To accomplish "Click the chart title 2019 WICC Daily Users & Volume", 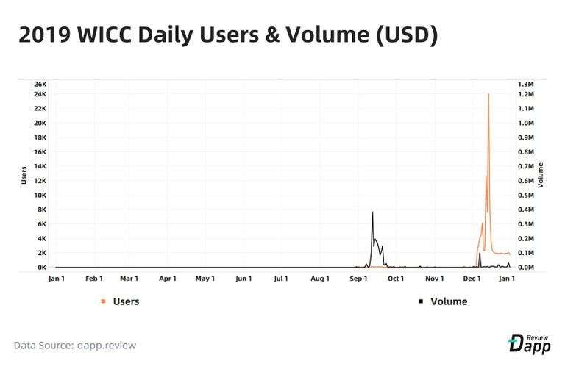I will [228, 35].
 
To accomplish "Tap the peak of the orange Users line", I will [488, 94].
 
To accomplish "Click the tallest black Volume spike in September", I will [372, 212].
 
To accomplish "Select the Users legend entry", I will [125, 301].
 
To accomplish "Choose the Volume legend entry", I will [448, 301].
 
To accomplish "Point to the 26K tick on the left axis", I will [39, 83].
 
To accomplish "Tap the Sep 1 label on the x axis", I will [358, 279].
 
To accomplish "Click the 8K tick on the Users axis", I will [41, 210].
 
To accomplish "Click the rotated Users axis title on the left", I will [24, 175].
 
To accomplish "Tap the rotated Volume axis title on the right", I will [541, 175].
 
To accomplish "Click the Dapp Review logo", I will [530, 343].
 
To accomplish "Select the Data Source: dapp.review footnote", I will [75, 346].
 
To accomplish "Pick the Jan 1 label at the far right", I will [508, 279].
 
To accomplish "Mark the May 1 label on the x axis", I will [205, 279].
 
